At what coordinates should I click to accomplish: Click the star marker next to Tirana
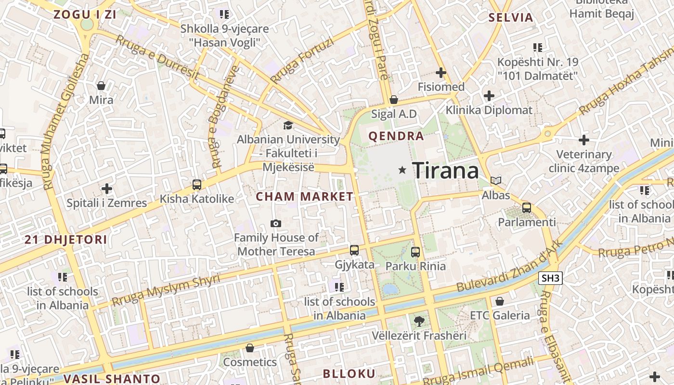tap(402, 170)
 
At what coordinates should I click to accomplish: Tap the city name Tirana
tap(446, 170)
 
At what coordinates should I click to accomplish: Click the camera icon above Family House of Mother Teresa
tap(276, 223)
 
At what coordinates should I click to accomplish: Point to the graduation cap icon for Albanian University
tap(288, 125)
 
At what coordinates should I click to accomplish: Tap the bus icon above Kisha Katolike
tap(196, 184)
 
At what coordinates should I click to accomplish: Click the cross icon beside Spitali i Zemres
tap(107, 189)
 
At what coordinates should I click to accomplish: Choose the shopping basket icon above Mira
tap(101, 86)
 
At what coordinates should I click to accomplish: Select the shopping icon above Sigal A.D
tap(394, 100)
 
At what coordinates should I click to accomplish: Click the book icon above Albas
tap(496, 180)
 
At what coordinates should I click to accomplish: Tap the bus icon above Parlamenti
tap(527, 208)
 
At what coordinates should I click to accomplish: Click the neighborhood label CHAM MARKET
tap(304, 196)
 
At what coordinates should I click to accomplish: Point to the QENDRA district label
tap(396, 136)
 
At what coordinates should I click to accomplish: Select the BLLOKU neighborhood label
tap(349, 373)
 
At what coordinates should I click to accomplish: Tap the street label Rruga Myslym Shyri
tap(166, 290)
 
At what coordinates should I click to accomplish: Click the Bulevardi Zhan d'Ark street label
tap(509, 266)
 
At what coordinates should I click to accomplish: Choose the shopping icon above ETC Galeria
tap(500, 301)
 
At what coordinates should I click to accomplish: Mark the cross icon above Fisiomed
tap(441, 73)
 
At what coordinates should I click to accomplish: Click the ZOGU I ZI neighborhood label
tap(85, 14)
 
